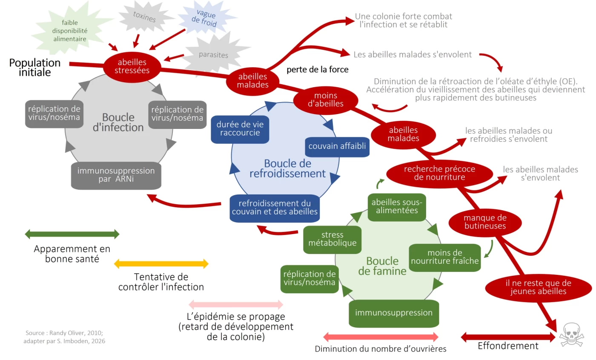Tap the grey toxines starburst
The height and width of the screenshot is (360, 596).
[145, 18]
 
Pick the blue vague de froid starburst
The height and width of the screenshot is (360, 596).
[206, 19]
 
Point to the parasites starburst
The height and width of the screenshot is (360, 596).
[213, 55]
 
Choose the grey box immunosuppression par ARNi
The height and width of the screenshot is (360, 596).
[116, 175]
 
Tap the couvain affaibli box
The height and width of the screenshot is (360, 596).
[337, 147]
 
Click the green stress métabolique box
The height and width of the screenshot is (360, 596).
[332, 239]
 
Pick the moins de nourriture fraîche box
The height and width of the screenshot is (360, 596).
[445, 257]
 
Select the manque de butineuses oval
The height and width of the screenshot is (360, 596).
[485, 222]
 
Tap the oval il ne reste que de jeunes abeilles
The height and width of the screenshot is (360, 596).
[538, 287]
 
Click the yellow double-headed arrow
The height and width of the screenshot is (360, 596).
[161, 264]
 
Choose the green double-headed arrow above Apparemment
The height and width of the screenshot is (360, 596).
[72, 234]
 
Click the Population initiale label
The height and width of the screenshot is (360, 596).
[35, 67]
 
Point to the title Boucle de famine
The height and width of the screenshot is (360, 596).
[382, 266]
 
